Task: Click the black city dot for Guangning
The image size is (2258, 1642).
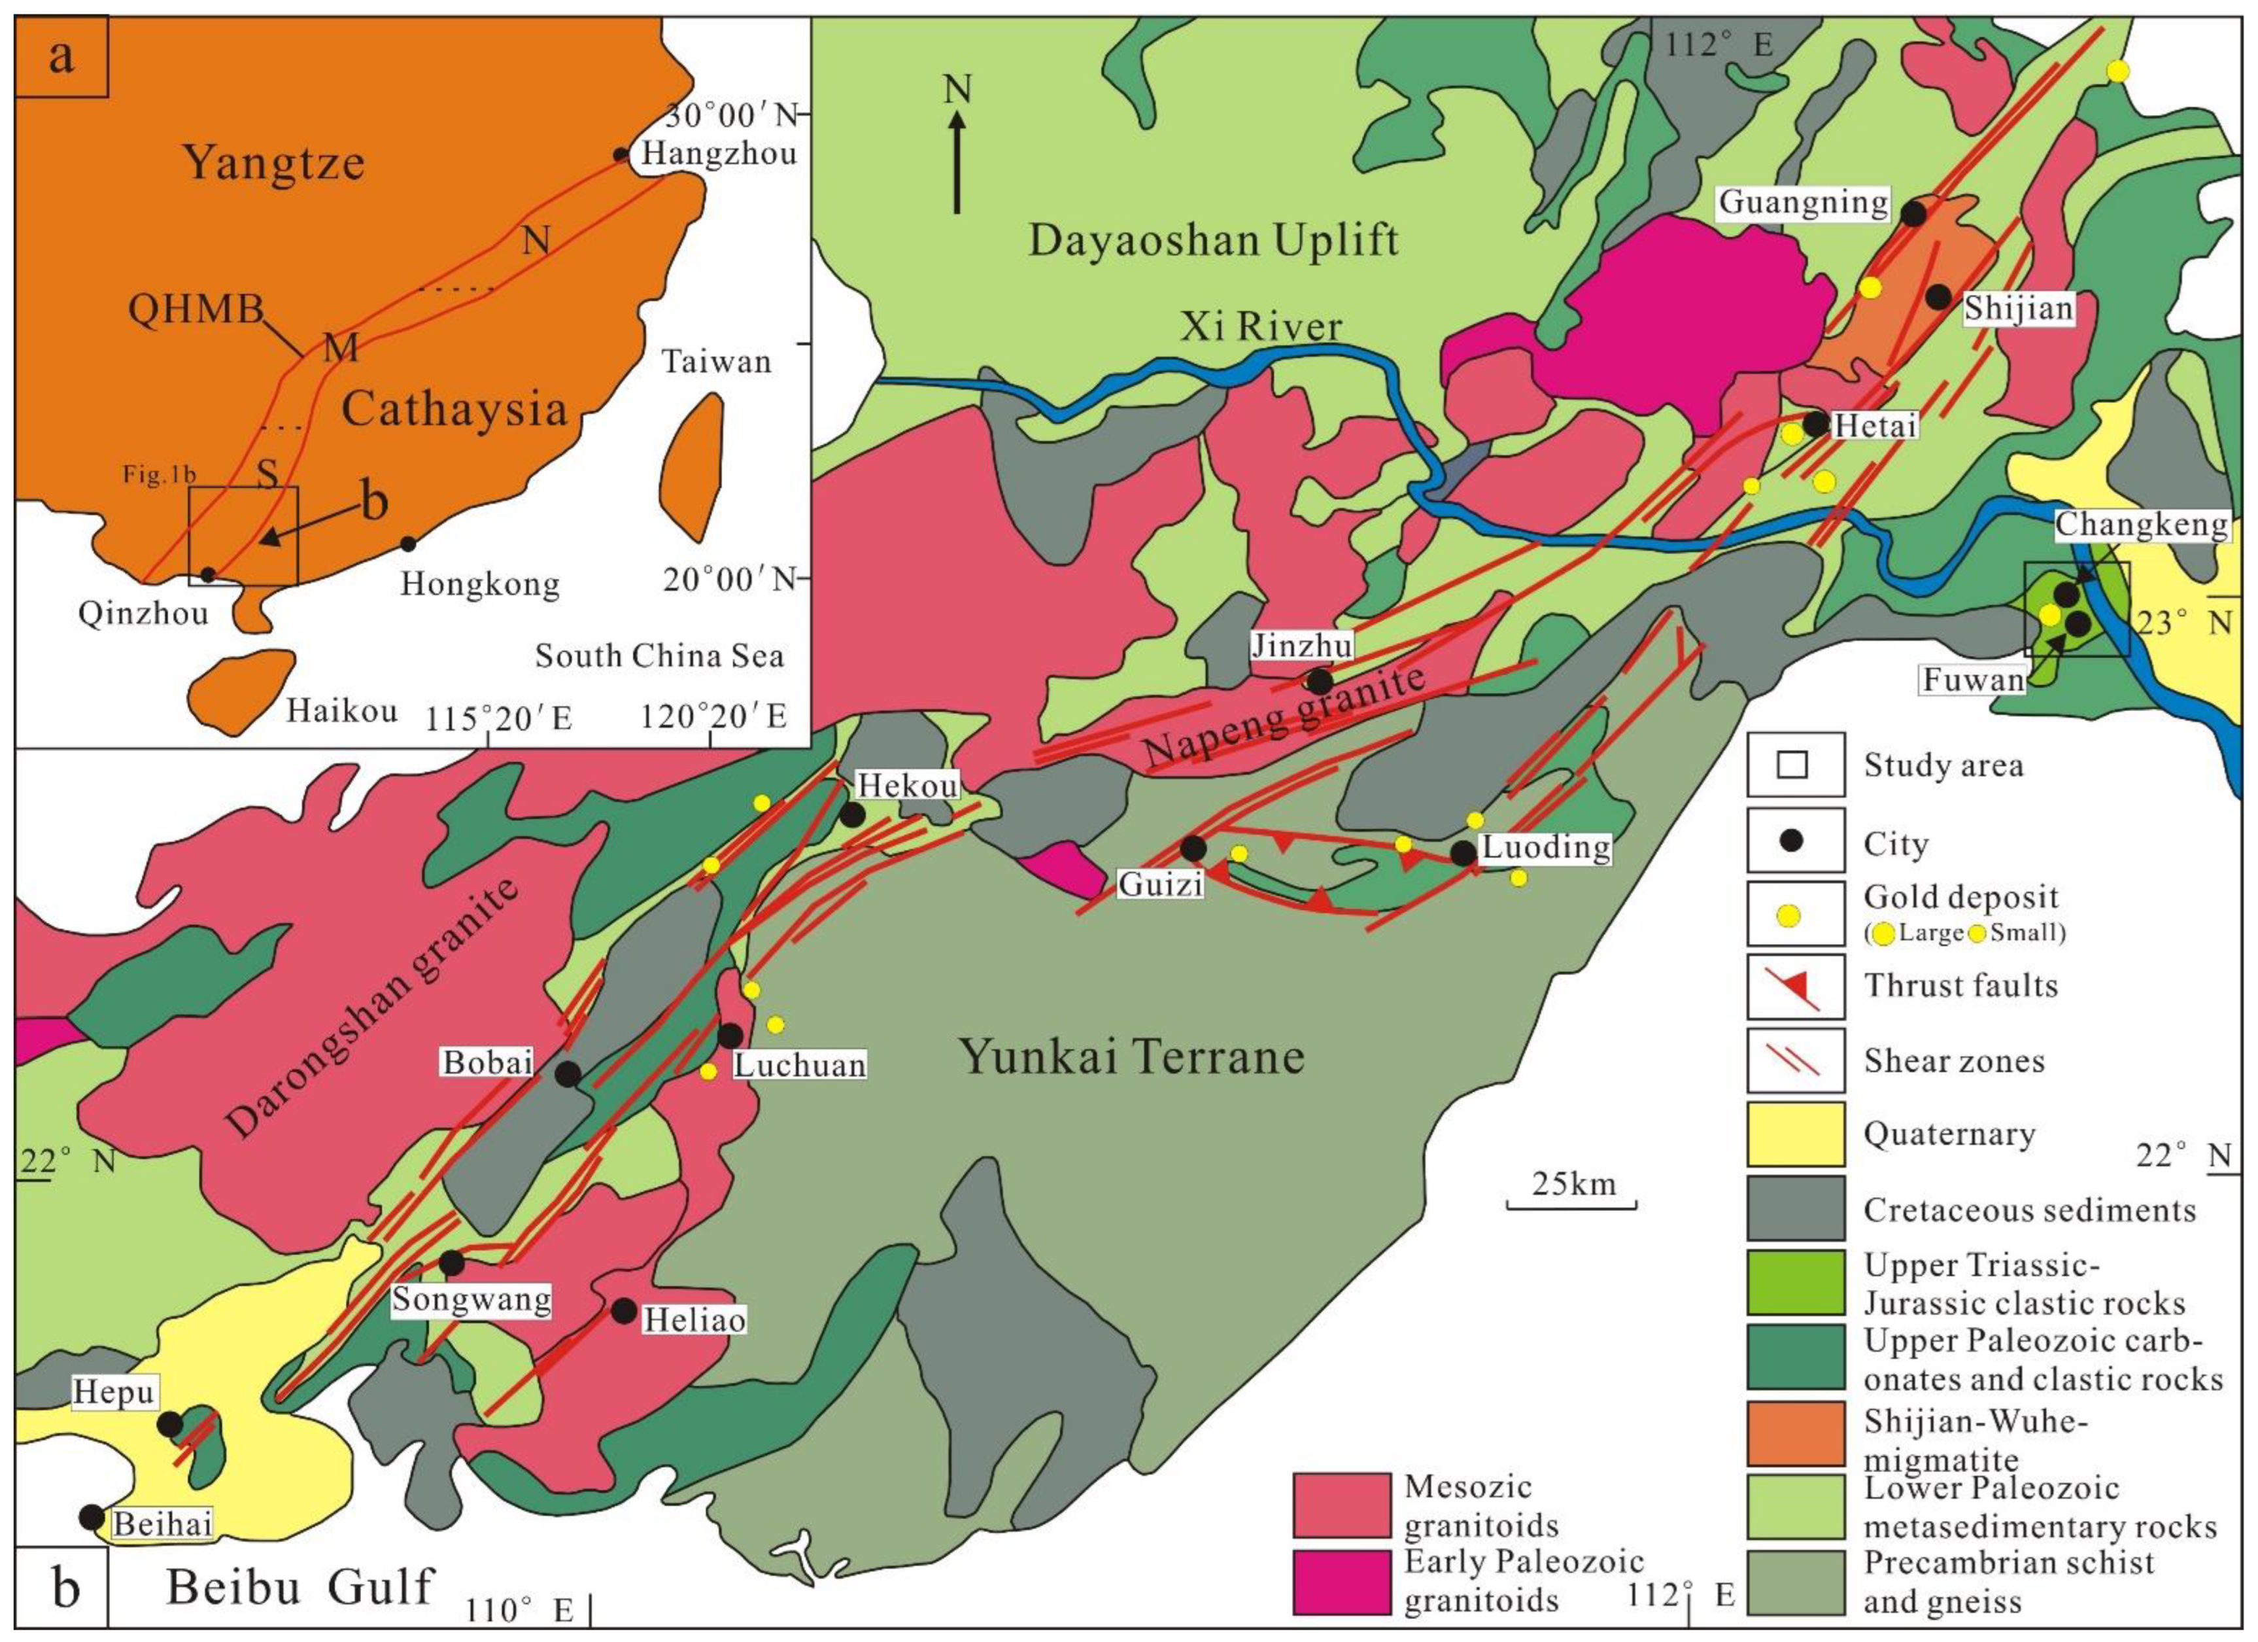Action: click(x=1913, y=212)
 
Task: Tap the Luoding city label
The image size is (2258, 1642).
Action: click(x=1546, y=847)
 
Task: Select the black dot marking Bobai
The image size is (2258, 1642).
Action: click(x=568, y=1074)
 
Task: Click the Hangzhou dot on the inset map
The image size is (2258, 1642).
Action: click(x=621, y=154)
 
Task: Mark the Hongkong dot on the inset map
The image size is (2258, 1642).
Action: click(x=407, y=544)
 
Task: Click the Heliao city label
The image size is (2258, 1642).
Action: click(x=694, y=1320)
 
